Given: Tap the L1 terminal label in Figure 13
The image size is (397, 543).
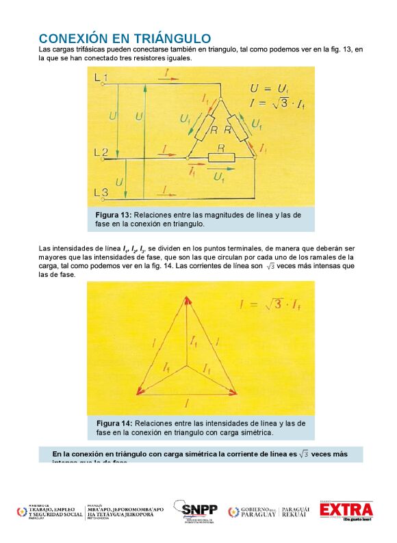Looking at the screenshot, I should [101, 79].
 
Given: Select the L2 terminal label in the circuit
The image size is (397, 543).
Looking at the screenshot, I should [101, 151].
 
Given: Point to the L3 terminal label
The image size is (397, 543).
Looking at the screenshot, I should [101, 193].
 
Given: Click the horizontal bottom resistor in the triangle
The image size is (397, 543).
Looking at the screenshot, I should [221, 159].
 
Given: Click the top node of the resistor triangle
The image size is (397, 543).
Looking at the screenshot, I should [222, 98].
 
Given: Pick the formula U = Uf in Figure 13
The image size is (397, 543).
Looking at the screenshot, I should [271, 89].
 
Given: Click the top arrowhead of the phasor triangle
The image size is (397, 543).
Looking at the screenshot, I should [187, 298].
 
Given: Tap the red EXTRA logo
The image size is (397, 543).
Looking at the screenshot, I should [346, 510].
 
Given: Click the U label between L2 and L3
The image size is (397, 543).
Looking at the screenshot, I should [120, 182].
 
